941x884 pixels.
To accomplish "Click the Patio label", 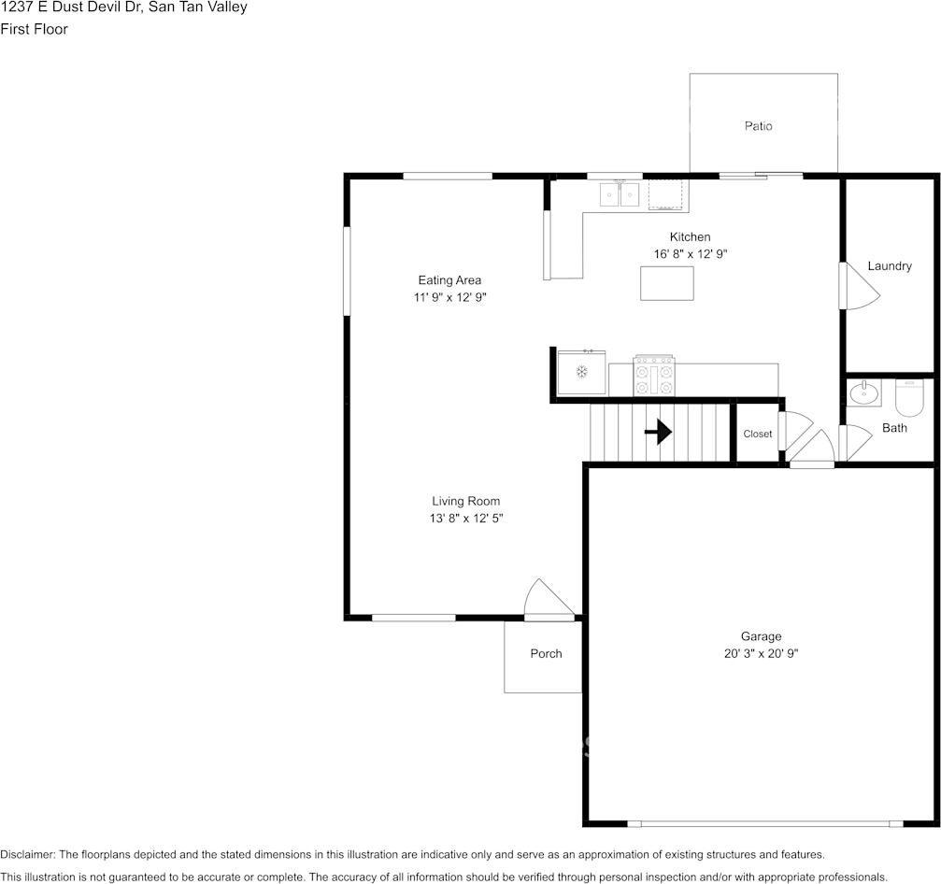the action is (x=758, y=126).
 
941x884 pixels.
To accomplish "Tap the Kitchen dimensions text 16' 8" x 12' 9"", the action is (x=691, y=254).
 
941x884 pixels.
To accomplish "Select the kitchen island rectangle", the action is (x=667, y=283).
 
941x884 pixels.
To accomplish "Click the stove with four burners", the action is (x=654, y=376).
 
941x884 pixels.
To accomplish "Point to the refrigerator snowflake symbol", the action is (x=581, y=372).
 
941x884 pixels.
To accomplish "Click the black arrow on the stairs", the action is (x=658, y=432).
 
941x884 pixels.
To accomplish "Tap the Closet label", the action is (x=757, y=434).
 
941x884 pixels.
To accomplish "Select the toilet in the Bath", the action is (x=908, y=397).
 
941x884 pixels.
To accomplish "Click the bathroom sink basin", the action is (x=864, y=393).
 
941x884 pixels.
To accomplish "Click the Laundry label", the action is (x=890, y=266).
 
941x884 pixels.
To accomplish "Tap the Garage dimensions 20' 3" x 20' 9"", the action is (x=761, y=653).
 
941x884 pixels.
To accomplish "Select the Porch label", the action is (x=546, y=653).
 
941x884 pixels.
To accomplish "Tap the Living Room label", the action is (x=465, y=501).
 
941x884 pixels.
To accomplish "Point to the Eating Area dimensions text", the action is (x=449, y=297).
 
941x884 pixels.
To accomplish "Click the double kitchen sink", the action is (x=620, y=194).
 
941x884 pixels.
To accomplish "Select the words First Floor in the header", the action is (x=35, y=29).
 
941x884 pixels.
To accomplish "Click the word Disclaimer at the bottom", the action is (x=28, y=854).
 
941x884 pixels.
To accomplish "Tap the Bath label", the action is (x=894, y=428).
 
